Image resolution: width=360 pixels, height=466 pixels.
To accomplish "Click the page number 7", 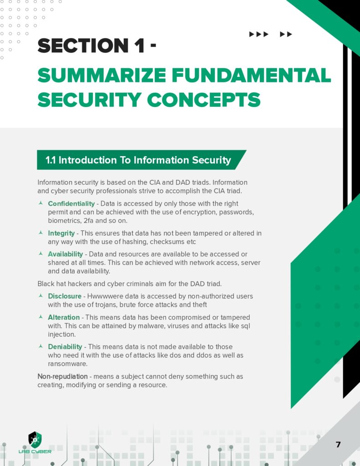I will point(338,445).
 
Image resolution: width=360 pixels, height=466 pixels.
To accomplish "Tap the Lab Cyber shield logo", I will point(35,440).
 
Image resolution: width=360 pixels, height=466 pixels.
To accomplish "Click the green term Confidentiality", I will point(71,203).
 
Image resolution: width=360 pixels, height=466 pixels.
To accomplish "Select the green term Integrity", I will point(61,233).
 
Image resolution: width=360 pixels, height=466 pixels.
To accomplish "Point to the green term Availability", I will point(66,254).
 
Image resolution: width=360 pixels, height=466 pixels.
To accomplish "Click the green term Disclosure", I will point(65,296).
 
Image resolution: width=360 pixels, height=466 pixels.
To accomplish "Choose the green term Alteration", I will point(64,317).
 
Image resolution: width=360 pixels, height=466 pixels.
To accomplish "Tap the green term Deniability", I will point(66,347).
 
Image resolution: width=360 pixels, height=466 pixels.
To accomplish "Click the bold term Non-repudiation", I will point(62,376).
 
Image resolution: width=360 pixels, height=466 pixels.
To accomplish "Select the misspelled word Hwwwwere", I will point(104,296).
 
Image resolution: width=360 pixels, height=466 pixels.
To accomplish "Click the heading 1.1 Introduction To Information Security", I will point(138,160).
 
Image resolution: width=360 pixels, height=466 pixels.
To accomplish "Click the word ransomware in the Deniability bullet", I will point(67,364).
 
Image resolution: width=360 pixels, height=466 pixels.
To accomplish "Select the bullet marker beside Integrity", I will point(41,233).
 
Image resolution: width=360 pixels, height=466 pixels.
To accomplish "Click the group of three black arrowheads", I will point(259,34).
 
